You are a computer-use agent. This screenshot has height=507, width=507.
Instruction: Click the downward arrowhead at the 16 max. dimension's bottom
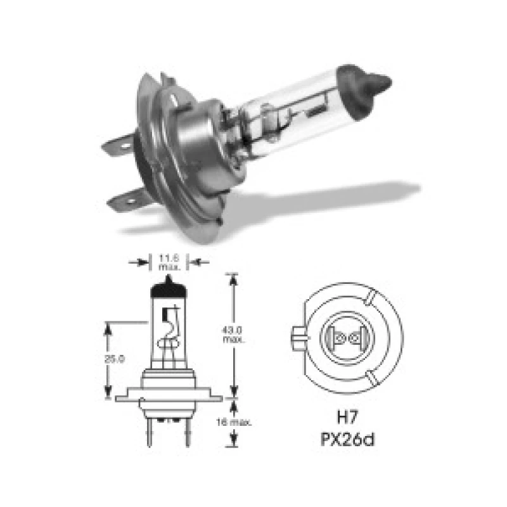(235, 441)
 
